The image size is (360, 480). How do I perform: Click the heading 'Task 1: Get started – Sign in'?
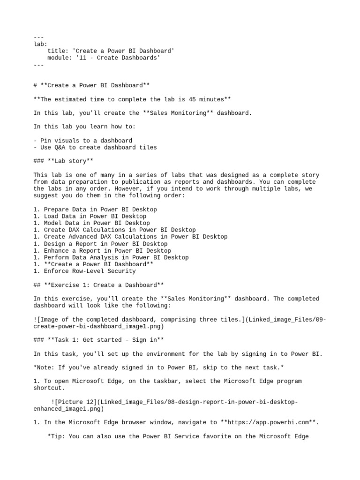click(99, 340)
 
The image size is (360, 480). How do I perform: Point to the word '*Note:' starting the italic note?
click(45, 367)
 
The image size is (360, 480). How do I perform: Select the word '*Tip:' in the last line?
click(57, 436)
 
